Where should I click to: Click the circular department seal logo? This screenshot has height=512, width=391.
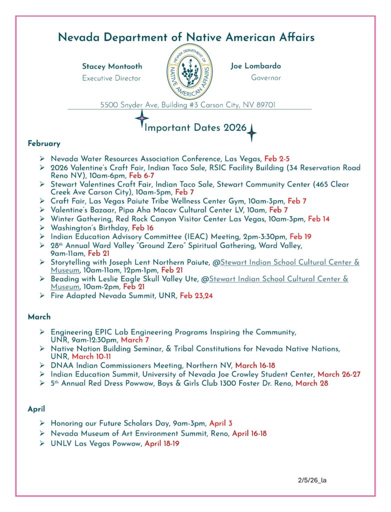click(188, 71)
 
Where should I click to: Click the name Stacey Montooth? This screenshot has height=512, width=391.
click(112, 66)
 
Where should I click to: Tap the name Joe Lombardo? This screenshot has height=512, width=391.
click(256, 66)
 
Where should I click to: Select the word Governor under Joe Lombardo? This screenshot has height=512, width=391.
click(266, 78)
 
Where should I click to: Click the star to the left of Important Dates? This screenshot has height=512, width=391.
click(142, 119)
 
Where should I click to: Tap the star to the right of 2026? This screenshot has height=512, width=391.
click(252, 133)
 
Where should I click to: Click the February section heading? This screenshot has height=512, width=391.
click(44, 143)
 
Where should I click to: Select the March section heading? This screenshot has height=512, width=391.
click(39, 317)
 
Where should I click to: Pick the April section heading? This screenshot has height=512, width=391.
click(36, 409)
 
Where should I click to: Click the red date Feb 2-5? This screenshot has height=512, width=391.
click(277, 158)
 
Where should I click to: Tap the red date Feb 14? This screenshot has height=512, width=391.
click(319, 219)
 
